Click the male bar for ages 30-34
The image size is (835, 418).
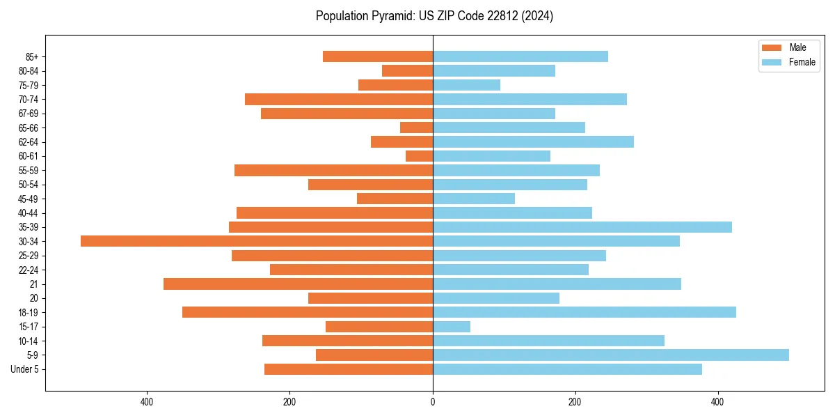coord(257,241)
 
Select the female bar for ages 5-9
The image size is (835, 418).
coord(611,355)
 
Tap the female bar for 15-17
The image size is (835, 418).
coord(452,326)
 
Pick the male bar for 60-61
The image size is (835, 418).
coord(420,156)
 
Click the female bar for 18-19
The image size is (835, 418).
coord(584,312)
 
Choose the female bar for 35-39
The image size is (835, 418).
coord(582,227)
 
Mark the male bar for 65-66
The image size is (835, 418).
coord(417,127)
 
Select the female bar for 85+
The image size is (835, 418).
coord(520,56)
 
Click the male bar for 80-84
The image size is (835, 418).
coord(408,70)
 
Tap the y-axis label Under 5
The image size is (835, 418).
coord(24,369)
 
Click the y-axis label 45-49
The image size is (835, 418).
coord(28,199)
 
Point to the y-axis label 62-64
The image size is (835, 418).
coord(28,142)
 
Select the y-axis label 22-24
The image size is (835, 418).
coord(28,270)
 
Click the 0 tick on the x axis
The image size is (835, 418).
coord(433,402)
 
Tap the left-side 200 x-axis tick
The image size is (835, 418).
coord(289,402)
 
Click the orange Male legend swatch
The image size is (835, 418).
coord(772,47)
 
